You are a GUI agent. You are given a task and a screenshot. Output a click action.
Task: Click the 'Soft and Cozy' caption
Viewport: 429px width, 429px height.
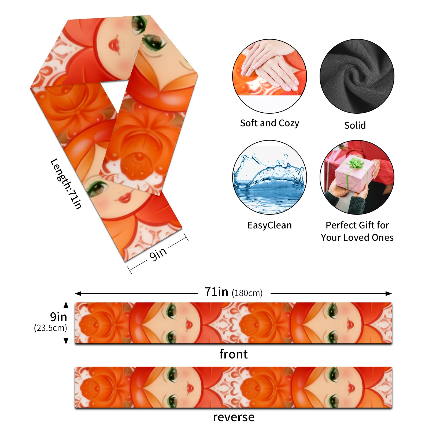pos(269,123)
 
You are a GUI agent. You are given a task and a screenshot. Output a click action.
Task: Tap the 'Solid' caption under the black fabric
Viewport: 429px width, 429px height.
pos(355,125)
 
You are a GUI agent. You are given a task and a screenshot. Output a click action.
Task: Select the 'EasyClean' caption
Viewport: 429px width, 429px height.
pos(269,225)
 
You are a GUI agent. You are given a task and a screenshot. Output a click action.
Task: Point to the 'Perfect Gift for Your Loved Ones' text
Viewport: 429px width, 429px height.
pos(357,231)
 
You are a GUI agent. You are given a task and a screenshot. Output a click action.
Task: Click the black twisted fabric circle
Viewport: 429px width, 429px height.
pos(357,76)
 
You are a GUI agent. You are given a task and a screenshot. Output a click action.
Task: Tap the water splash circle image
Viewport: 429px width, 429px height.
pos(269,177)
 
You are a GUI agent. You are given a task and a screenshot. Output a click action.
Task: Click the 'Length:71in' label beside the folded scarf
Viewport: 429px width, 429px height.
pos(66,184)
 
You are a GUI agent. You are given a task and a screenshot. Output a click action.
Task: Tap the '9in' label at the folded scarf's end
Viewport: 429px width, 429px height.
pos(158,254)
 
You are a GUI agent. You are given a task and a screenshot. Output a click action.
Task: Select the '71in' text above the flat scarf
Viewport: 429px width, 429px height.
pos(216,292)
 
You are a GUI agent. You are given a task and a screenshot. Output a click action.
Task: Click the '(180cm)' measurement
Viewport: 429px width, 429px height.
pos(247,293)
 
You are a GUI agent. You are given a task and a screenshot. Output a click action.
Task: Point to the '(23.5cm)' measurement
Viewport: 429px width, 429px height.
pos(50,328)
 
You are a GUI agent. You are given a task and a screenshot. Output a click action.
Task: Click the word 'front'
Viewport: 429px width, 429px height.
pos(234,354)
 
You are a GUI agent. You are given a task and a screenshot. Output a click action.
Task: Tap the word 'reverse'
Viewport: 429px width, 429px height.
pos(234,417)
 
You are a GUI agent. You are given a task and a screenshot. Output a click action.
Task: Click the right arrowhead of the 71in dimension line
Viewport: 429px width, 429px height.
pos(389,294)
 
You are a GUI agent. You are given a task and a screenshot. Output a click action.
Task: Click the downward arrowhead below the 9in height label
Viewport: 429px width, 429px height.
pos(66,341)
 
